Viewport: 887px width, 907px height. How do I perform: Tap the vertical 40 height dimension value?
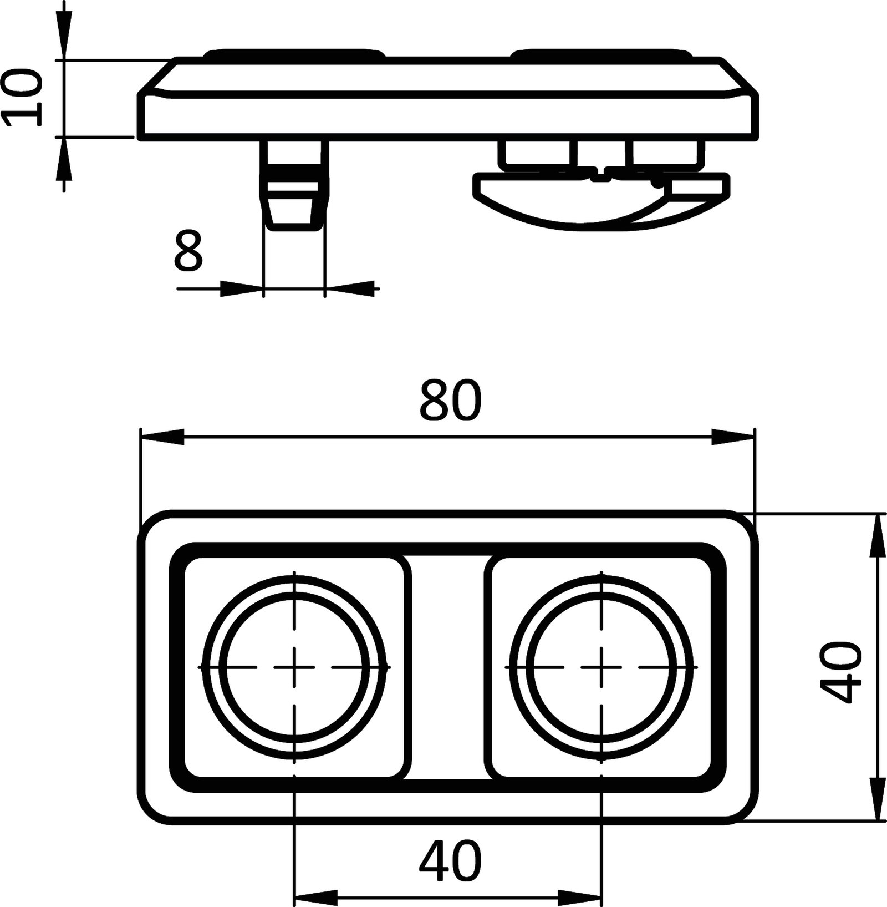point(840,672)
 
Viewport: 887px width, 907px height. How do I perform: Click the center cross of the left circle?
point(294,666)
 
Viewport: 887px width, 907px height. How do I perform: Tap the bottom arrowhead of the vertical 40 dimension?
point(876,799)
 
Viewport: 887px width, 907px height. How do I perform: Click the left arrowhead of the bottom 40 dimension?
point(316,896)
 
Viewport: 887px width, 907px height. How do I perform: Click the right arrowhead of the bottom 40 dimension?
point(580,896)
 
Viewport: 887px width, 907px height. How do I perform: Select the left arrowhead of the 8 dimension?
point(241,288)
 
